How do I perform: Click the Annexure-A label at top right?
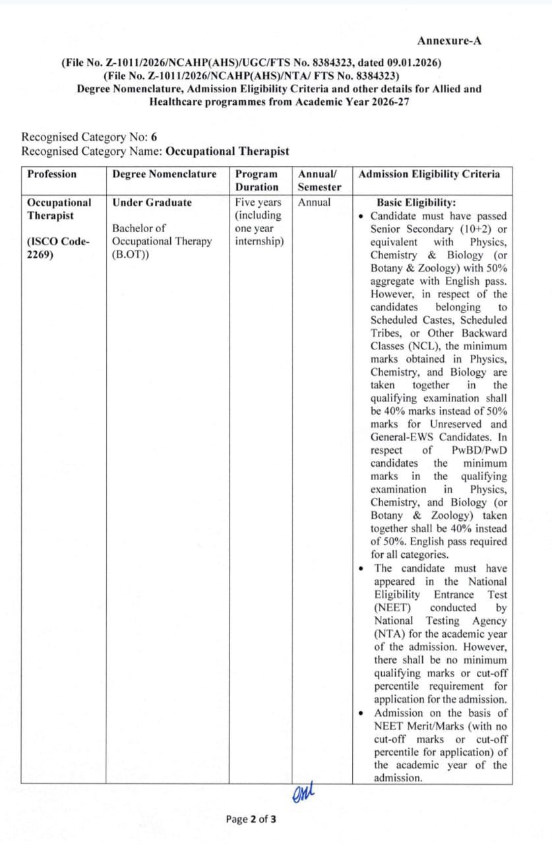click(449, 41)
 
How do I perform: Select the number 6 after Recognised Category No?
click(154, 137)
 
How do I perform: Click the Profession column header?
click(51, 174)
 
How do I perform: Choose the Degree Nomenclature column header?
click(164, 174)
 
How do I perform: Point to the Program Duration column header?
click(257, 180)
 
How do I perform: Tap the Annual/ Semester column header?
click(319, 180)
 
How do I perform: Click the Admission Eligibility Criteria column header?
click(429, 174)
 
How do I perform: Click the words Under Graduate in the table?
click(152, 202)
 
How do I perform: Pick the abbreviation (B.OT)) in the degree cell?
click(131, 254)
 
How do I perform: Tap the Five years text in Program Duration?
click(258, 202)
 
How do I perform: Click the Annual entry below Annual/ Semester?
click(315, 202)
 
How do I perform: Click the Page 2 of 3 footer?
click(251, 820)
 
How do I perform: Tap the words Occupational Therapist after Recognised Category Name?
click(228, 151)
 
